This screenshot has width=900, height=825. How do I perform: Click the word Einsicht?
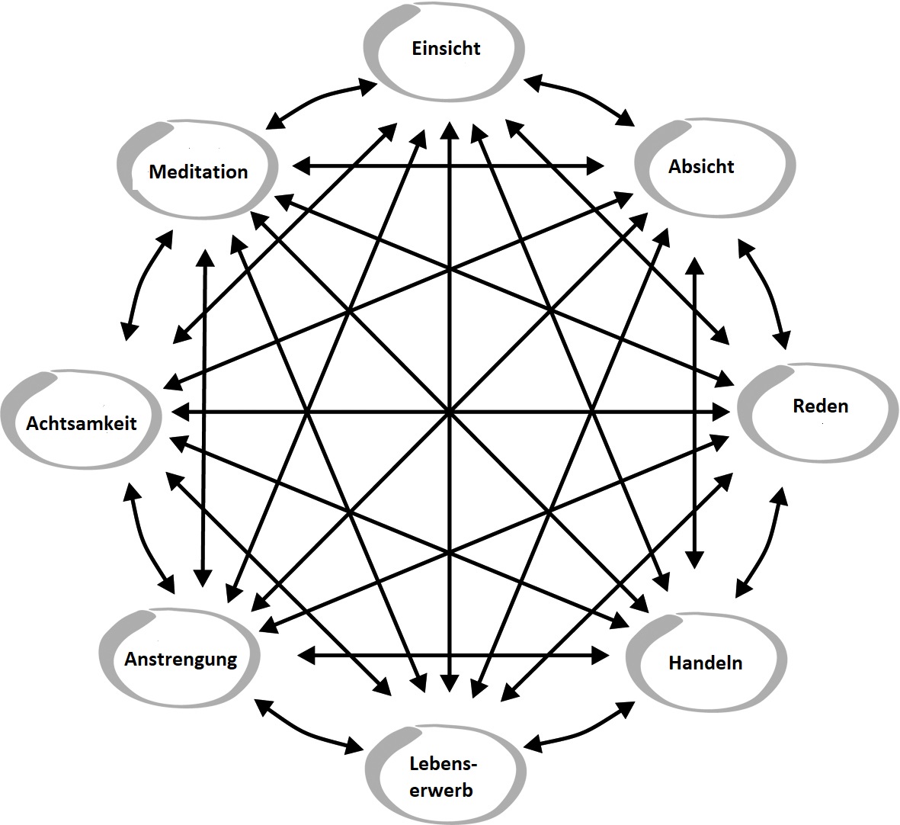(446, 49)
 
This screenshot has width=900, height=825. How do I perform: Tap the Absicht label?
(701, 166)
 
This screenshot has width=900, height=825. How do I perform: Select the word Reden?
(820, 406)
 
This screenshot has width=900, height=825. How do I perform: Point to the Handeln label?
(705, 663)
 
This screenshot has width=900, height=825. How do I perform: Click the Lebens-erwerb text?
(441, 776)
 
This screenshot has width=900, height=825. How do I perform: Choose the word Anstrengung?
(181, 659)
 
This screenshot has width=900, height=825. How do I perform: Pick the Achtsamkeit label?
(82, 422)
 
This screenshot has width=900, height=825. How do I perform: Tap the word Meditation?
(198, 172)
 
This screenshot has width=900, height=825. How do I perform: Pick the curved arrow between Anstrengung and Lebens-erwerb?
(309, 728)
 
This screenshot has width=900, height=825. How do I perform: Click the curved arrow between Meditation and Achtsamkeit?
(143, 285)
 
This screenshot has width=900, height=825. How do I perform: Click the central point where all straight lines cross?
(450, 412)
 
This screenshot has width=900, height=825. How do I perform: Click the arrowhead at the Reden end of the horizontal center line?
(722, 412)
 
